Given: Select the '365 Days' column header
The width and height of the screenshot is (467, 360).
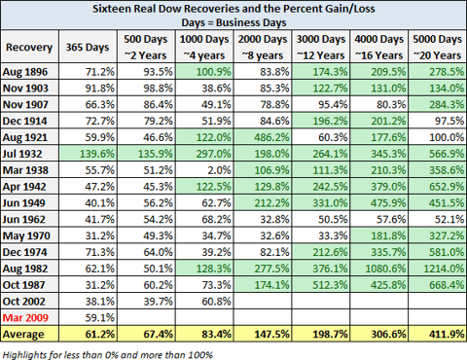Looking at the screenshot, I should click(88, 47).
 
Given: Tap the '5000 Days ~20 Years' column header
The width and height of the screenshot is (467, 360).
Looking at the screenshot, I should click(435, 47).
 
